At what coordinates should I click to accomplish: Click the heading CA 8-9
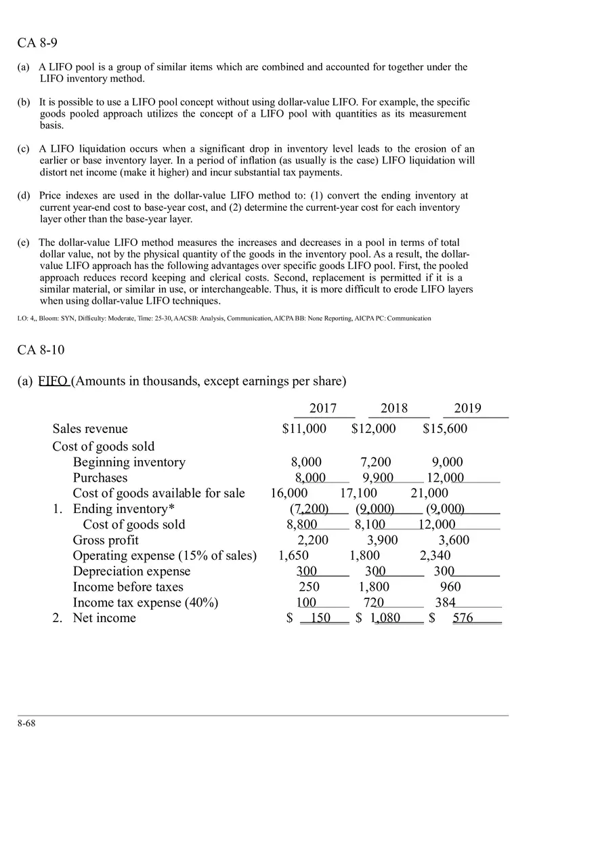click(37, 43)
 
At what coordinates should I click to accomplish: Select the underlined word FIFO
click(53, 381)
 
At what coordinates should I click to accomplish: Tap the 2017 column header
click(323, 408)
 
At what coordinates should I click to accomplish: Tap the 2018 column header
click(394, 408)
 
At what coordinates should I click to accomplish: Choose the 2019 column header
click(467, 408)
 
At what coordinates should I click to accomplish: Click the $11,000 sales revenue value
click(304, 429)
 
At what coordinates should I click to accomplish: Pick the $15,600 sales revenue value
click(445, 429)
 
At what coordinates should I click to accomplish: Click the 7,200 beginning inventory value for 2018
click(376, 462)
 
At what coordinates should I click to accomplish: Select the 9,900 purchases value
click(378, 478)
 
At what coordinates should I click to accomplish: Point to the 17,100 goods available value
click(358, 493)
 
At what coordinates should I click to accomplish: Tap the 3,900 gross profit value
click(383, 540)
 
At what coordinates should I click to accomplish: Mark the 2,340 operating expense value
click(435, 556)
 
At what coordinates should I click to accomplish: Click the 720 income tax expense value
click(374, 602)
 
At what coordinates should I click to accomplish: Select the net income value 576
click(463, 618)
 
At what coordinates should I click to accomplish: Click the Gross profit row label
click(106, 540)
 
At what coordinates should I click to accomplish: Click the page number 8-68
click(26, 723)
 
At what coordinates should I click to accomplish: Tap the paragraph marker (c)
click(24, 149)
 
